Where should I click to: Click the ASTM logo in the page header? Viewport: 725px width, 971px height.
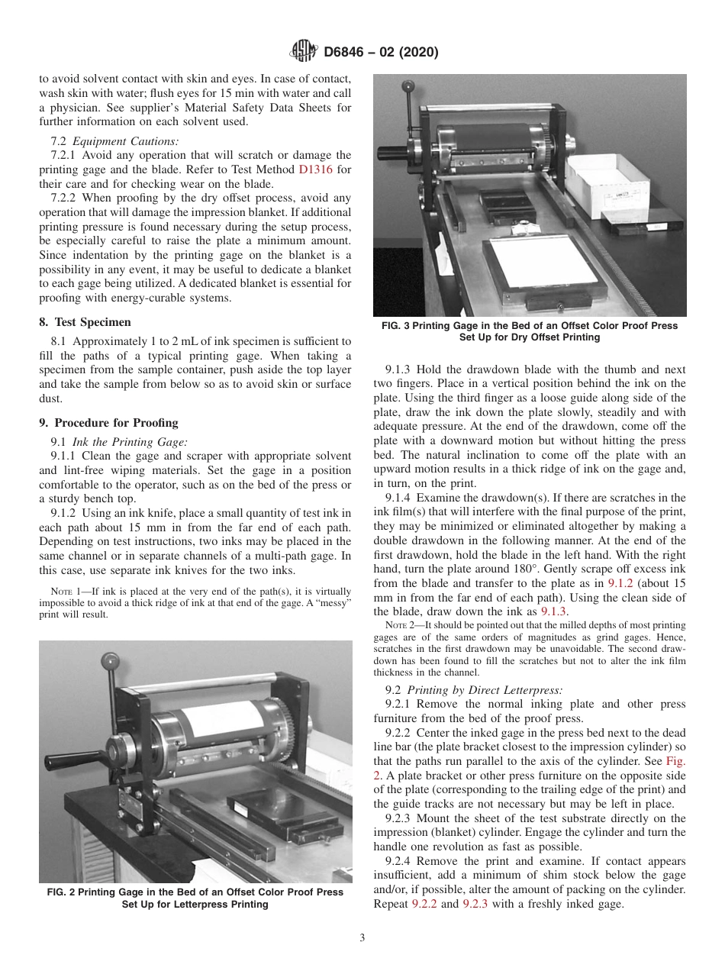[x=304, y=52]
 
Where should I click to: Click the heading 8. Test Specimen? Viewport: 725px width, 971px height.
[x=85, y=322]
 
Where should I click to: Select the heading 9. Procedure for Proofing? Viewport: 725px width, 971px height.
[x=108, y=422]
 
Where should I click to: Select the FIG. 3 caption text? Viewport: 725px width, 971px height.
[x=529, y=331]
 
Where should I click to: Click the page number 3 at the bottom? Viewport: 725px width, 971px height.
[x=362, y=938]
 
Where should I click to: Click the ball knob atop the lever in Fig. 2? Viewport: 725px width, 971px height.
[x=114, y=659]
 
